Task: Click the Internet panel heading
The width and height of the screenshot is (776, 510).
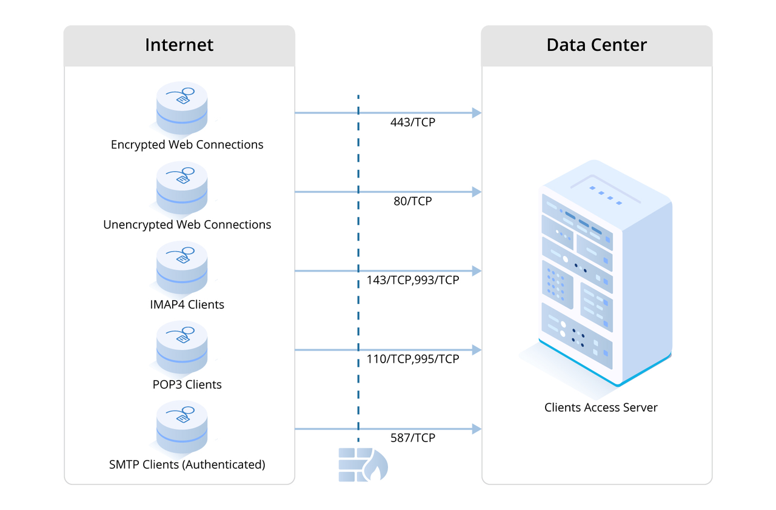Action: coord(179,45)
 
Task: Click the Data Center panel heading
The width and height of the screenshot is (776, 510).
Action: coord(597,45)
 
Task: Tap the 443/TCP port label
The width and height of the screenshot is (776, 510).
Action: coord(413,122)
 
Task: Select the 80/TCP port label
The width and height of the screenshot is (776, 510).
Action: coord(413,201)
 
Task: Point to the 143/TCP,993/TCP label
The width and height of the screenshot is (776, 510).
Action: coord(413,280)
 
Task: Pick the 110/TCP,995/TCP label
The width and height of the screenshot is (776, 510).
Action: coord(413,359)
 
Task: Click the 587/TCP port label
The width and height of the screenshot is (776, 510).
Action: coord(413,438)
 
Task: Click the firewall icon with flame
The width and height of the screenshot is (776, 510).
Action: coord(363,465)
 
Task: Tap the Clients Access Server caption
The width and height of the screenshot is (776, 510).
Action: coord(601,408)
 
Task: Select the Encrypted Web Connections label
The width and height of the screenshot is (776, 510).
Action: coord(187,145)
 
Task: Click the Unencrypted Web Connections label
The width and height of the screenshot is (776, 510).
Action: coord(187,224)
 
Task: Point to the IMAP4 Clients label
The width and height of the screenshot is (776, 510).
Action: coord(187,304)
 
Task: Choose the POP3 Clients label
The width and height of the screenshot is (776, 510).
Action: coord(187,384)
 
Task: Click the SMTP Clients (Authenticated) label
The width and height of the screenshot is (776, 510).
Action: coord(187,465)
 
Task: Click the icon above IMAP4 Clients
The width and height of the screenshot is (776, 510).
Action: coord(182,267)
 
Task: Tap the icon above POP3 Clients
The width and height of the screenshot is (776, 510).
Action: coord(182,347)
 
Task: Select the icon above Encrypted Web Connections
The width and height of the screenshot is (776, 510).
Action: coord(182,108)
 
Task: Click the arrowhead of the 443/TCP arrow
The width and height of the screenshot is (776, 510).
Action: coord(477,113)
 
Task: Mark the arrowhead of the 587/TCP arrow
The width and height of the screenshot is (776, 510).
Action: coord(477,429)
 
